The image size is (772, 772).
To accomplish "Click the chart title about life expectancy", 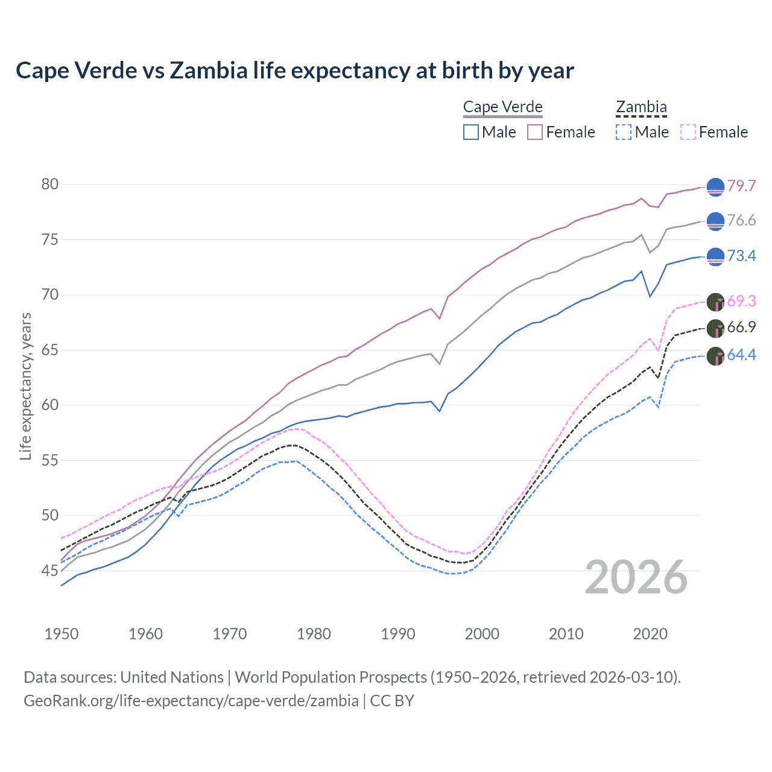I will tap(294, 71).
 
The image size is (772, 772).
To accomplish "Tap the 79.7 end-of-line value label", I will tap(741, 186).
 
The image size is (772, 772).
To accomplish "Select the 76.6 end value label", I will tap(741, 221).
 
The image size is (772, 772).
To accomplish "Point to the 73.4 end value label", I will tap(741, 256).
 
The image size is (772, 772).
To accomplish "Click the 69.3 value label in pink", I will tap(741, 301).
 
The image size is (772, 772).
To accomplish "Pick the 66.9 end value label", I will tap(741, 327).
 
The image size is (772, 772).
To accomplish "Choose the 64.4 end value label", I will tap(741, 355).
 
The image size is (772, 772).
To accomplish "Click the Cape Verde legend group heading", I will tap(503, 107).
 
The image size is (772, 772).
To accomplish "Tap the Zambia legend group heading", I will tap(641, 107).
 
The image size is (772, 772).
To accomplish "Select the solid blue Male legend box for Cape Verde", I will tap(471, 132).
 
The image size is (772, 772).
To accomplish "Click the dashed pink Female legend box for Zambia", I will tap(688, 132).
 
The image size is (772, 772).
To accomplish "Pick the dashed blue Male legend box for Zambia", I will tap(624, 132).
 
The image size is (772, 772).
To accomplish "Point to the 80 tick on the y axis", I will tap(50, 185).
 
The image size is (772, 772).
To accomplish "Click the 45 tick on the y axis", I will tap(50, 571).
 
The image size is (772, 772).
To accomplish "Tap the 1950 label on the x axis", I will tap(62, 634).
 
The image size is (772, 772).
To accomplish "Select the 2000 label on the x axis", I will tap(482, 634).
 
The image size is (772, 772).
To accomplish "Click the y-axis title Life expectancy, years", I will tap(25, 386).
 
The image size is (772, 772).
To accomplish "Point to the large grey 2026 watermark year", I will tap(636, 577).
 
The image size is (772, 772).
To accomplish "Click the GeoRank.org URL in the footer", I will tap(191, 701).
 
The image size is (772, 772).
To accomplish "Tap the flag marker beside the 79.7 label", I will tap(715, 187).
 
